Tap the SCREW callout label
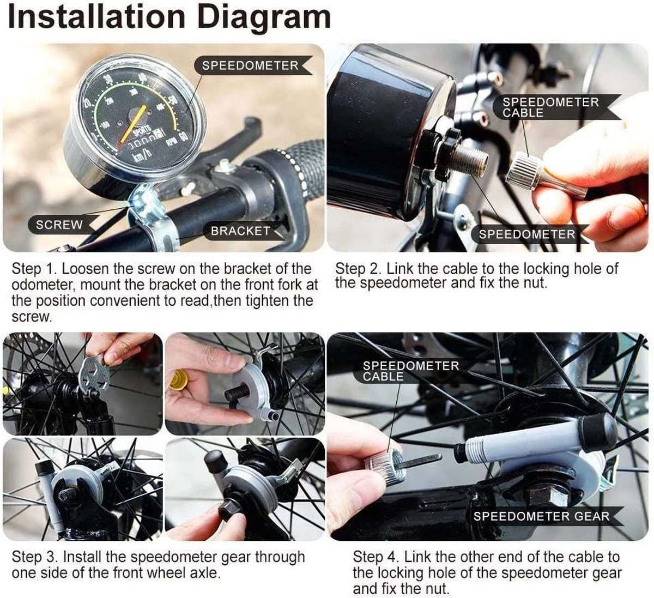coord(59,225)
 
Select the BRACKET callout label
coord(240,231)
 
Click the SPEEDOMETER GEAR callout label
coord(542,516)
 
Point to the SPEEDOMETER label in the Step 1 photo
coord(250,65)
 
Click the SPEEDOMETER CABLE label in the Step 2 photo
coord(550,107)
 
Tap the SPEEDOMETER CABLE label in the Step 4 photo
coord(411,371)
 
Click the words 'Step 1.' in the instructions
coord(33,269)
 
